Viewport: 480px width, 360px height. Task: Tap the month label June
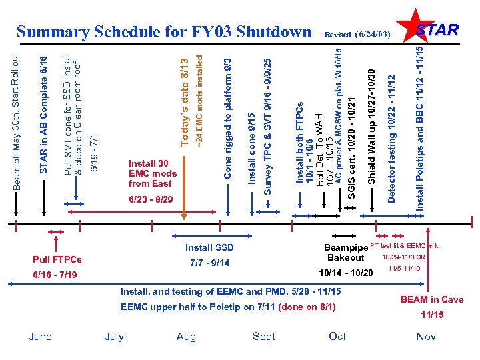[41, 336]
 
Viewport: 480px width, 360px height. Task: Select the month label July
[115, 336]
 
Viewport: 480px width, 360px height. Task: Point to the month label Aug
[186, 337]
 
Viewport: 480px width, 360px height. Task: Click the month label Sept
[264, 336]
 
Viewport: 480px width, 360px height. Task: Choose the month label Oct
[337, 336]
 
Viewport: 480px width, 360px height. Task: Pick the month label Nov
[426, 336]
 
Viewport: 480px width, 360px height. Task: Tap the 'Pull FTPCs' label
[57, 259]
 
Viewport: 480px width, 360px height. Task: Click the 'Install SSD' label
[209, 247]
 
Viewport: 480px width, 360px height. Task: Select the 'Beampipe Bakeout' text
[346, 252]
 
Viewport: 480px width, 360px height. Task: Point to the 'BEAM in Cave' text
[431, 299]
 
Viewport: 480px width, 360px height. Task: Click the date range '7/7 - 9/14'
[210, 263]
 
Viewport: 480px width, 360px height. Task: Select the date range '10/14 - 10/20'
[346, 273]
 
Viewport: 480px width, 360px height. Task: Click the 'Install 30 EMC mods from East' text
[153, 173]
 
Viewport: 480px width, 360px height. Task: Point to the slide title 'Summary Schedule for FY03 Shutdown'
[164, 32]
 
